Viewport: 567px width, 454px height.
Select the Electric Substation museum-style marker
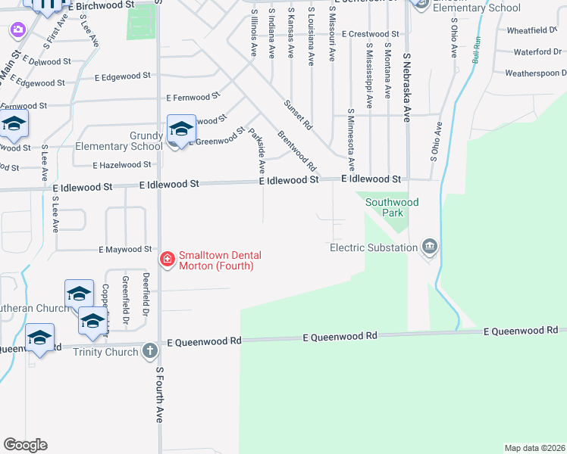tap(430, 247)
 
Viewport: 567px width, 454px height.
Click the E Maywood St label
tap(125, 249)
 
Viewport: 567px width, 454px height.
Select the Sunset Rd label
tap(298, 112)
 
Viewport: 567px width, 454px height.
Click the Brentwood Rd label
tap(296, 151)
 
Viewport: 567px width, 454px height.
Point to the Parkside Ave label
tap(257, 148)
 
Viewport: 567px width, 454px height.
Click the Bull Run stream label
tap(476, 49)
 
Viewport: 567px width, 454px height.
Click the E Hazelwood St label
tap(121, 165)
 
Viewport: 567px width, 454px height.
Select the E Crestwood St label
tap(371, 34)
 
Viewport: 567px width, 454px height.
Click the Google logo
tap(25, 445)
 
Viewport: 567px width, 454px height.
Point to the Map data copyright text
tap(534, 447)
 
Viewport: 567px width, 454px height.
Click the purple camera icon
tap(17, 30)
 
